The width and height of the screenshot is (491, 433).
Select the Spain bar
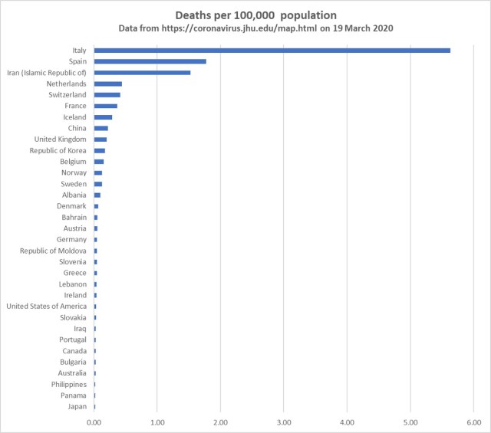(150, 61)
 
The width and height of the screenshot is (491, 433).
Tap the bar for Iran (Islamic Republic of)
(142, 73)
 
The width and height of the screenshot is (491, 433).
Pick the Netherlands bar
(108, 84)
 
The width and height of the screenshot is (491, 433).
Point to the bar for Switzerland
(107, 95)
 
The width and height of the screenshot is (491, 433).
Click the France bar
(106, 106)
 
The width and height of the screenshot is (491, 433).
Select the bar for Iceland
(104, 117)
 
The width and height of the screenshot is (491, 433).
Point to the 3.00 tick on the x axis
(284, 422)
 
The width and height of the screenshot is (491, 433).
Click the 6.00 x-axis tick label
(473, 422)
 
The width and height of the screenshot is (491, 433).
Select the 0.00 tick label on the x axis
(94, 422)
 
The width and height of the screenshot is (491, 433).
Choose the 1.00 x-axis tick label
(157, 422)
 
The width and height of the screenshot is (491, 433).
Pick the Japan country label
(77, 406)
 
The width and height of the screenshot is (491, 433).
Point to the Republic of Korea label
(57, 150)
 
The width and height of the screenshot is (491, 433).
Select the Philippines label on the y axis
(69, 384)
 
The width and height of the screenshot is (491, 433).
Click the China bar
(101, 128)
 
